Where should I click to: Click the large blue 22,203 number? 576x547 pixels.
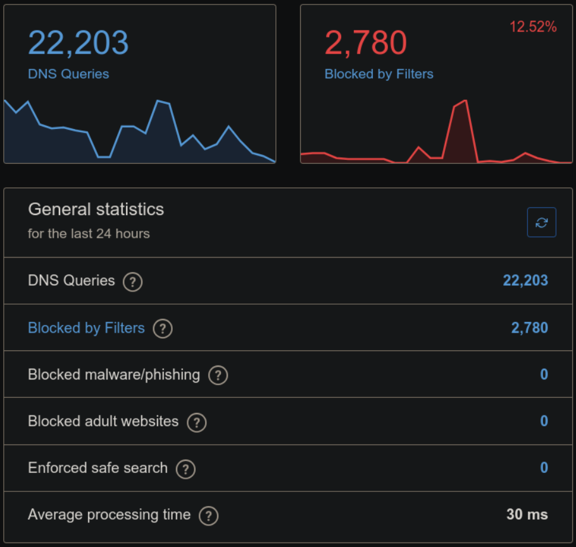point(78,43)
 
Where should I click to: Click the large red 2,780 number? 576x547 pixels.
point(365,43)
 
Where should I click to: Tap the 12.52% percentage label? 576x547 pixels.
point(533,27)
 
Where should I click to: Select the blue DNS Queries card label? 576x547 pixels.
point(68,74)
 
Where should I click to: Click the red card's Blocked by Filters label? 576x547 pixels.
point(379,74)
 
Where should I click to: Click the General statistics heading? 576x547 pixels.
point(96,209)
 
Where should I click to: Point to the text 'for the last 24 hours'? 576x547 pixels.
point(89,233)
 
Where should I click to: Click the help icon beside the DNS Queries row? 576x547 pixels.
point(132,281)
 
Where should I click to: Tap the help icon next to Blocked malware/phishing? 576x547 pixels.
point(218,375)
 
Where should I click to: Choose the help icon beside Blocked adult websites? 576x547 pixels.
point(196,422)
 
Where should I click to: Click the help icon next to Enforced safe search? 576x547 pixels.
point(185,469)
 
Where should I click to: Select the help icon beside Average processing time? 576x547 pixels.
point(208,515)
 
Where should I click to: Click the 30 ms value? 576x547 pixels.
point(527,515)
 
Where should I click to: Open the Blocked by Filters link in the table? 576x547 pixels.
point(86,328)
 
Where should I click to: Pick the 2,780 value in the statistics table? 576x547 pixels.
point(529,328)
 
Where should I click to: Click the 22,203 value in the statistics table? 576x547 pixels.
point(525,281)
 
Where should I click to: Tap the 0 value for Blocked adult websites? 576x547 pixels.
point(544,421)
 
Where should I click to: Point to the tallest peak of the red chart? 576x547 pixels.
point(465,101)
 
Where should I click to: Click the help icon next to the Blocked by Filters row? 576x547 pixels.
point(163,328)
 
